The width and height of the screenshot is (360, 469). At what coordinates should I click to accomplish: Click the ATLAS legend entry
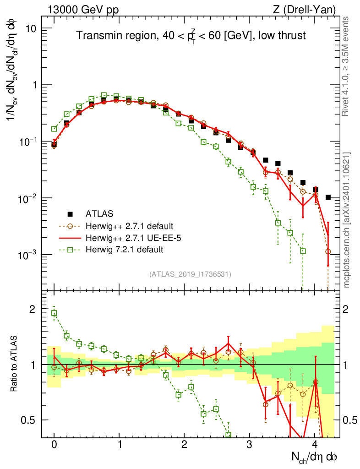(x=99, y=213)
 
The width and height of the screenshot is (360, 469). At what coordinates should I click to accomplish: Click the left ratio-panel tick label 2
(x=33, y=309)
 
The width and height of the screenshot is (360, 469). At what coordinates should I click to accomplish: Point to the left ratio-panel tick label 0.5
(x=28, y=420)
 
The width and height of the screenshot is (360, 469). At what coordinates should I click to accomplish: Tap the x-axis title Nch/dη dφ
(x=316, y=458)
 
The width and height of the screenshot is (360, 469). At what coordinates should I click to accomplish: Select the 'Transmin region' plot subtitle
(x=191, y=36)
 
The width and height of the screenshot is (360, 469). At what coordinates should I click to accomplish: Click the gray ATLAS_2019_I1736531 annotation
(x=190, y=274)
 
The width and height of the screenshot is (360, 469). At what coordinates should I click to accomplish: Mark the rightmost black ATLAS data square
(x=328, y=197)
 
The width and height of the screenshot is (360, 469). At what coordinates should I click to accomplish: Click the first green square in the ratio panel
(x=54, y=313)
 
